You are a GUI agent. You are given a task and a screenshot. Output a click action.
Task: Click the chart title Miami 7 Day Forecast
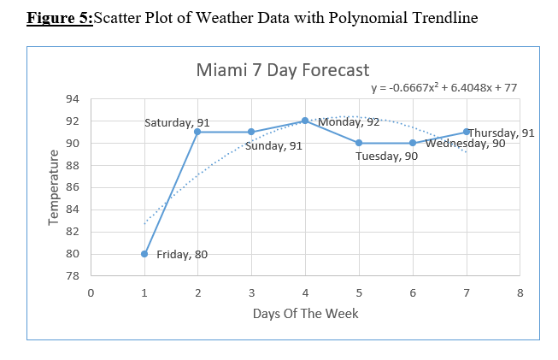tap(282, 69)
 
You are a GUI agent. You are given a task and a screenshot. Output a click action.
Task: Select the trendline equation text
tap(443, 87)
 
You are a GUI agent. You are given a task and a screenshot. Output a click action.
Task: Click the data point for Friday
tap(144, 254)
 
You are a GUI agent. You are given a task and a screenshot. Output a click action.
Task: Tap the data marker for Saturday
tap(197, 132)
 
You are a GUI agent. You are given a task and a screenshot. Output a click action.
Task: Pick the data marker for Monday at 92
tap(305, 121)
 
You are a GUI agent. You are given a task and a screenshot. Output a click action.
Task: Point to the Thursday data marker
tap(467, 132)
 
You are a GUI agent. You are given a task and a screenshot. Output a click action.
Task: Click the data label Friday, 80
tap(181, 254)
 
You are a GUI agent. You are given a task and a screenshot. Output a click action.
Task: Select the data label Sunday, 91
tap(273, 146)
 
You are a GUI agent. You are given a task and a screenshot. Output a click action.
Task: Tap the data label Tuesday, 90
tap(386, 156)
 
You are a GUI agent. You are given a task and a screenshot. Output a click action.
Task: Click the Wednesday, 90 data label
tap(465, 144)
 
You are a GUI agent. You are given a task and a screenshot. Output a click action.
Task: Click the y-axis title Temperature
tap(53, 187)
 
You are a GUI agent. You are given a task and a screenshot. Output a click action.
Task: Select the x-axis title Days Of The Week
tap(305, 313)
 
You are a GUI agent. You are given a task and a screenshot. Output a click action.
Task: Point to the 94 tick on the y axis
tap(73, 99)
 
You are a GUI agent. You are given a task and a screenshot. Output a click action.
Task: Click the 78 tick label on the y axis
tap(73, 276)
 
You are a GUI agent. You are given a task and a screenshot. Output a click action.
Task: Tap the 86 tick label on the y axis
tap(73, 187)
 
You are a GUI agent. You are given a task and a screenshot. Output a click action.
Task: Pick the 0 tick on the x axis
tap(91, 292)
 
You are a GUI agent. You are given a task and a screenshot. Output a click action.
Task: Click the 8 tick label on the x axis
tap(520, 292)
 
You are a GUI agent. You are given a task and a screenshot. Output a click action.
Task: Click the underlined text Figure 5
tap(59, 18)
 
